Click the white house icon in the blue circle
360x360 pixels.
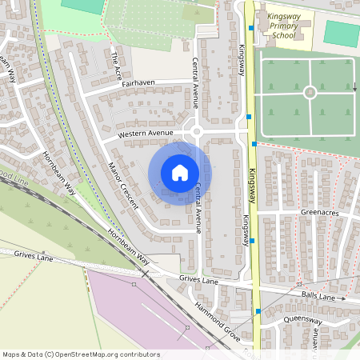pyautogui.click(x=180, y=172)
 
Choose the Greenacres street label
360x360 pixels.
pyautogui.click(x=321, y=214)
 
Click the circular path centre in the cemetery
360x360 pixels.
pyautogui.click(x=310, y=92)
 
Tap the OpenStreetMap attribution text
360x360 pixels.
pyautogui.click(x=81, y=354)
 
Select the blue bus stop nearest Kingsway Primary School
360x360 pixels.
pyautogui.click(x=251, y=28)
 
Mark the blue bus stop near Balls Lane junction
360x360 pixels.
pyautogui.click(x=258, y=310)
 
